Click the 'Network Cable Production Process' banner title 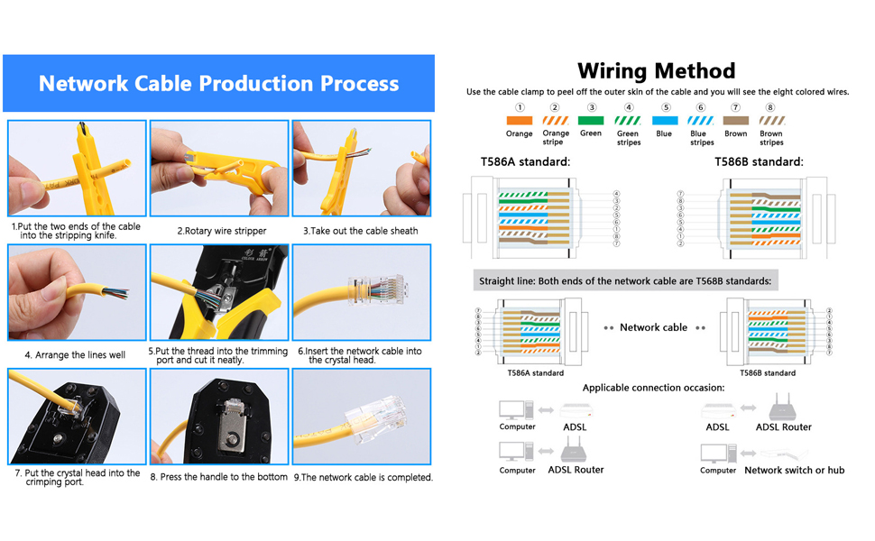coord(218,84)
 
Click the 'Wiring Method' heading coord(656,71)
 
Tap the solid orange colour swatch coord(519,120)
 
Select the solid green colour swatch coord(591,120)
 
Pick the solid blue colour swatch coord(664,120)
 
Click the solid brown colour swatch coord(735,120)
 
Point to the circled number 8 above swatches coord(770,107)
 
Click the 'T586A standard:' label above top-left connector coord(525,162)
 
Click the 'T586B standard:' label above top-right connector coord(758,162)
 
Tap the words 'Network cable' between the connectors coord(653,327)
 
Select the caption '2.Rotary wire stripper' coord(221,231)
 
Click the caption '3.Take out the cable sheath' coord(360,231)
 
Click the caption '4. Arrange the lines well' coord(75,355)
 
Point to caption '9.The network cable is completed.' coord(363,478)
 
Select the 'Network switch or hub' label coord(794,471)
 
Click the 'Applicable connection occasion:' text coord(652,388)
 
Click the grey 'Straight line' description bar coord(625,281)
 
